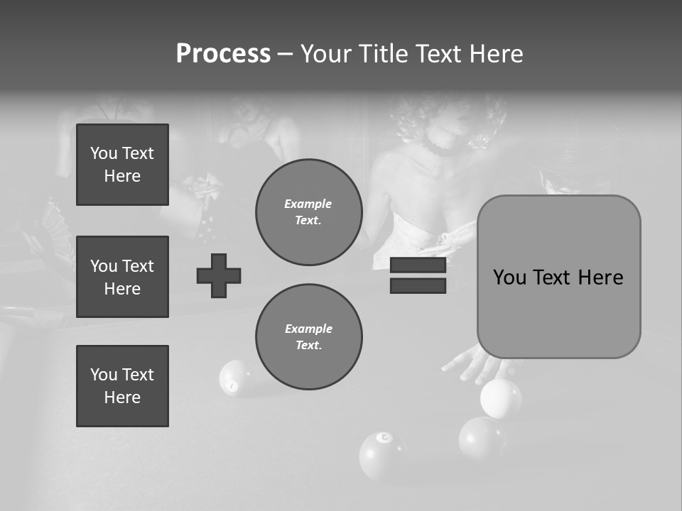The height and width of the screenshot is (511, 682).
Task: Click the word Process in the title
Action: pos(223,54)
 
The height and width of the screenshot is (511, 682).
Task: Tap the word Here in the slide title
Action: pos(496,54)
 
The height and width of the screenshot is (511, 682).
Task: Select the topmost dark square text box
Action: pos(122,165)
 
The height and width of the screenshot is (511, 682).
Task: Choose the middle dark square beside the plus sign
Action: pos(122,277)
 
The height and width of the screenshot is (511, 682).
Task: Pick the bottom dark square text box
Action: pos(122,386)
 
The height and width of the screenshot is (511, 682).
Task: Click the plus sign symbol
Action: pos(219,275)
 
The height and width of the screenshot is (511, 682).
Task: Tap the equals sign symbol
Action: pos(418,275)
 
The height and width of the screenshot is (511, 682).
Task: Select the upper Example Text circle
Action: pos(308,212)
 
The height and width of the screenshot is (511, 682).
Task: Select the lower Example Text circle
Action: pos(308,337)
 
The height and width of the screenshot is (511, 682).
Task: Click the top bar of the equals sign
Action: pos(418,265)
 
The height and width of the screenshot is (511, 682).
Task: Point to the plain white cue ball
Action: pos(500,397)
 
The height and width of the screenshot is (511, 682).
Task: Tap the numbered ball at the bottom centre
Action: pos(382,454)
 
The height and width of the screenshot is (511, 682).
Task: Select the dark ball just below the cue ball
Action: pos(481,438)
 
